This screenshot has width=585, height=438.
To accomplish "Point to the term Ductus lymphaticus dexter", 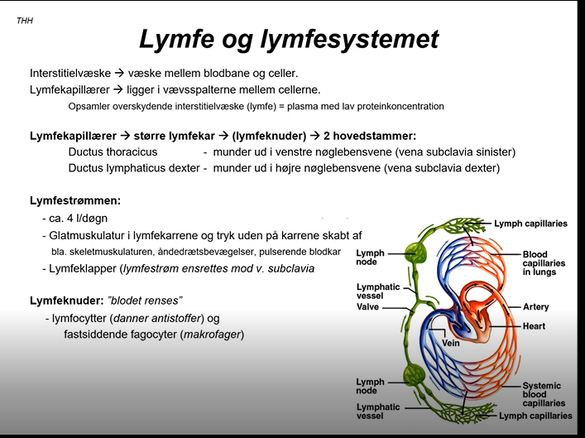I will (134, 168).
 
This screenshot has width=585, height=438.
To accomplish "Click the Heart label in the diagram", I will (534, 327).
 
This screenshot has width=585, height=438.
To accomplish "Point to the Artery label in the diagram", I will (535, 307).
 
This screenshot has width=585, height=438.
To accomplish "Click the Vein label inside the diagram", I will (451, 343).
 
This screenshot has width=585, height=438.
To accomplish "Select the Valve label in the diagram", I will (367, 307).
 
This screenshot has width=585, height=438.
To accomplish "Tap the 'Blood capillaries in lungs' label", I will (544, 262).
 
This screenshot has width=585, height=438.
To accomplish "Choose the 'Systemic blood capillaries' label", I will (543, 396).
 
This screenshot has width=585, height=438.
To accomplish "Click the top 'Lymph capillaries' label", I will (530, 224).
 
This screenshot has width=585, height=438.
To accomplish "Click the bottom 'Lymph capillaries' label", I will (535, 416).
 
